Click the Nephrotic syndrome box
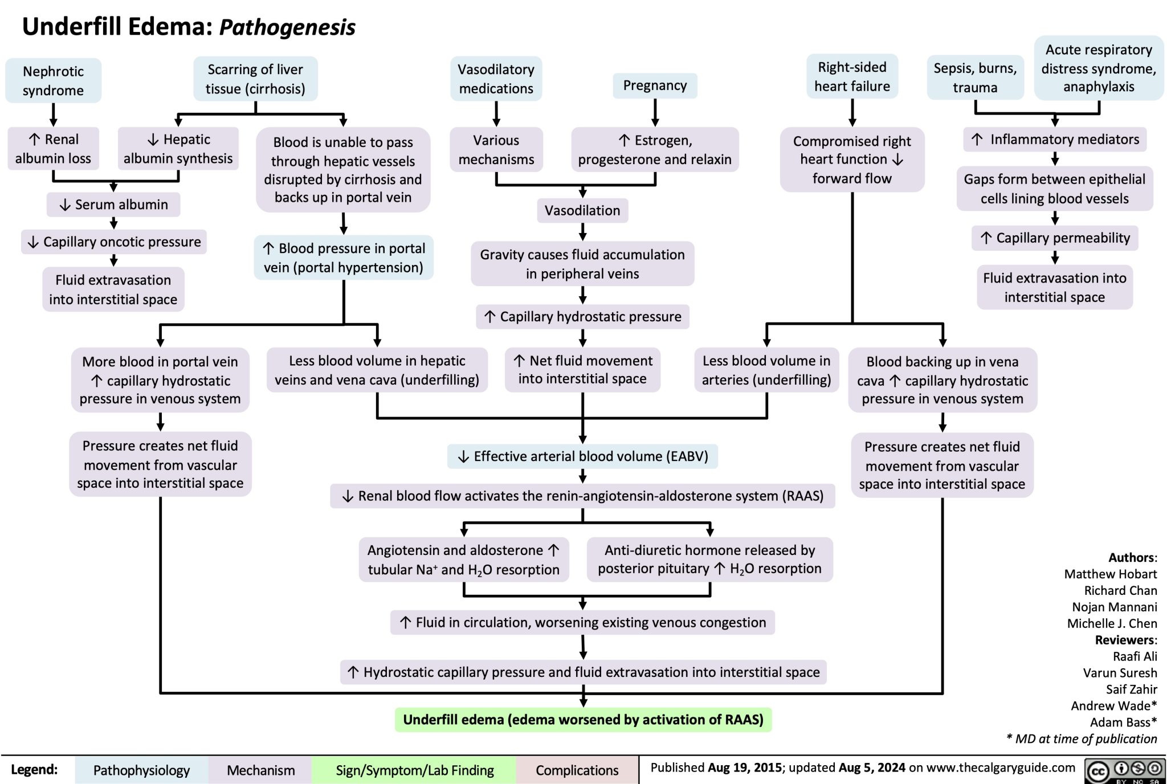[x=53, y=80]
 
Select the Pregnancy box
[x=655, y=85]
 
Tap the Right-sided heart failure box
[x=852, y=77]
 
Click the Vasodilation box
[x=582, y=210]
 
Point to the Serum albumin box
[x=113, y=205]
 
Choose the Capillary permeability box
[x=1055, y=238]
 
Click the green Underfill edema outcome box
[x=583, y=720]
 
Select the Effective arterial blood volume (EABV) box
[x=582, y=456]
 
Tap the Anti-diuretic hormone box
[x=709, y=559]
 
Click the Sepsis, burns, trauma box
[x=975, y=78]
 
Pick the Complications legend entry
[x=577, y=770]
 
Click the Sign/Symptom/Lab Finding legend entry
[x=414, y=770]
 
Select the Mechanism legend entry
[x=260, y=770]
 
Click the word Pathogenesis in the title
[x=287, y=27]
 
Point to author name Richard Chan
[x=1120, y=590]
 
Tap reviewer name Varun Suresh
[x=1120, y=673]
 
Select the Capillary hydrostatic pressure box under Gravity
[x=582, y=317]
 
